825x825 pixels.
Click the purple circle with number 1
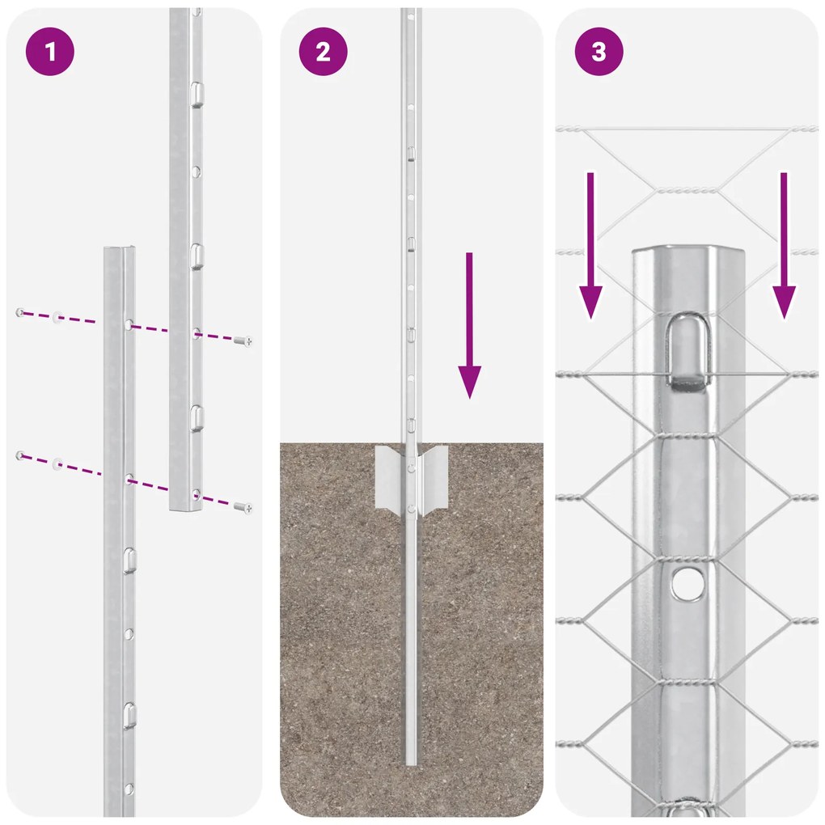coord(50,52)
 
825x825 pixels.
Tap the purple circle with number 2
coord(324,52)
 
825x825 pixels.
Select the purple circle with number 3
coord(599,52)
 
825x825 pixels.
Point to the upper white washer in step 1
coord(58,316)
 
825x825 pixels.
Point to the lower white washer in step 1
coord(58,463)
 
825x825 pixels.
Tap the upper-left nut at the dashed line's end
coord(20,311)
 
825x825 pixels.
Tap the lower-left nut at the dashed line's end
coord(20,456)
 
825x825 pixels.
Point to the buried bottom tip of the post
coord(412,760)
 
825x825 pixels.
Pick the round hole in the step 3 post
coord(686,583)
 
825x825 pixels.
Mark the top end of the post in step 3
coord(686,252)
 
